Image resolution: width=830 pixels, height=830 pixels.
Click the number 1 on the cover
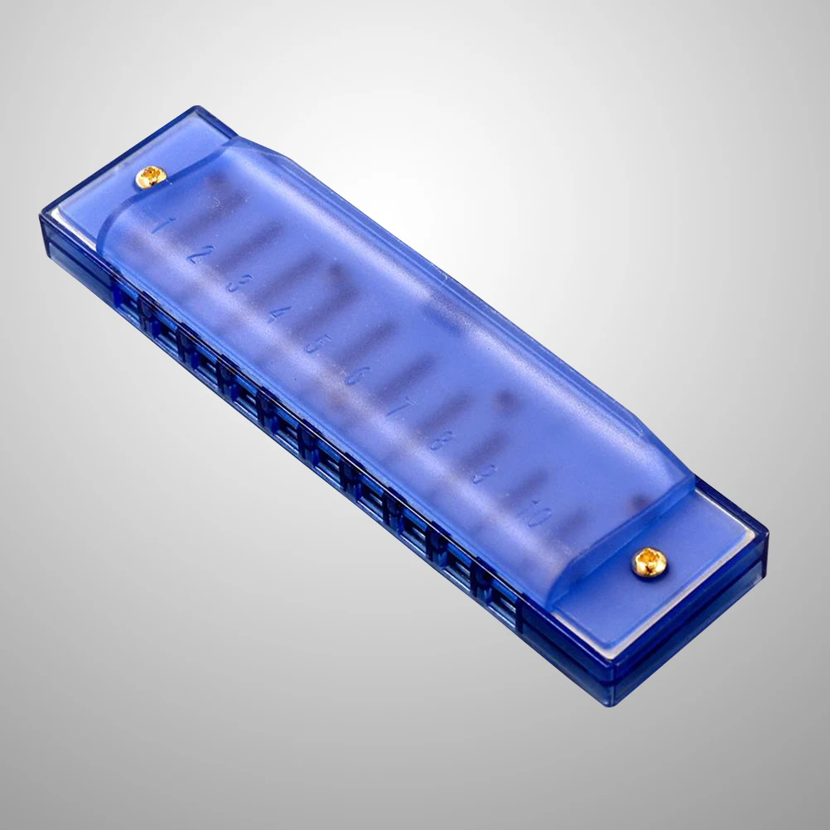(x=159, y=224)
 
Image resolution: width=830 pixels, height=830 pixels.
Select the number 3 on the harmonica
(x=234, y=283)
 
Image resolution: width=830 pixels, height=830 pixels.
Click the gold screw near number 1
(x=150, y=175)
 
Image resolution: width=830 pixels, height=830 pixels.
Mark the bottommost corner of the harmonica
(x=614, y=704)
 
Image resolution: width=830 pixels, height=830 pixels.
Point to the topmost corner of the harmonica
(x=196, y=107)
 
